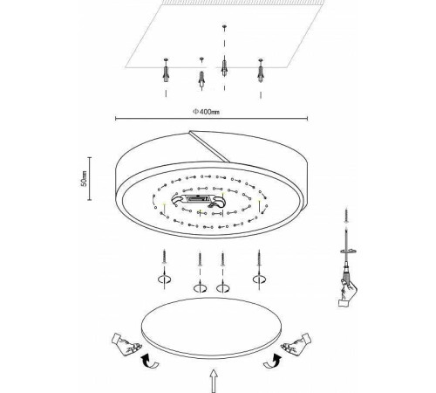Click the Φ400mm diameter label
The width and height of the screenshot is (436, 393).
tap(206, 112)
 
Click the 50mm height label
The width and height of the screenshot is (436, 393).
tap(84, 178)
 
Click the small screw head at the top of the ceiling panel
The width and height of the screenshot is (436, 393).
tap(224, 27)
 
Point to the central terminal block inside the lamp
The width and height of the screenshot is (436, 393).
tap(197, 200)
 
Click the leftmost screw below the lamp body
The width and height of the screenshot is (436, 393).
tap(165, 258)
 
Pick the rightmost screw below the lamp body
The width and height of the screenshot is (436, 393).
tap(259, 259)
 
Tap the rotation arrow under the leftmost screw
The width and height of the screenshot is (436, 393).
tap(165, 279)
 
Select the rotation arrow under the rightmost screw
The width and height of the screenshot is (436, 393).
tap(259, 279)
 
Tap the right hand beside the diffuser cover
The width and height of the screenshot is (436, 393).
tap(296, 342)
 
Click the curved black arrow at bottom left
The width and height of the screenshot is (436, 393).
tap(149, 362)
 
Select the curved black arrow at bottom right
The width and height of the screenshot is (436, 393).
tap(273, 362)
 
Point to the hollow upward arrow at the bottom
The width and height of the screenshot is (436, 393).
tap(214, 381)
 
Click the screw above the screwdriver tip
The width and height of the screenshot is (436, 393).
tap(346, 215)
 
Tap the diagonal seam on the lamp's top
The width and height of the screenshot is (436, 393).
tap(210, 146)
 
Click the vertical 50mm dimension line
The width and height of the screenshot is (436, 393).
tap(90, 178)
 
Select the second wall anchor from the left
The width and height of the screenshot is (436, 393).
tap(201, 78)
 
